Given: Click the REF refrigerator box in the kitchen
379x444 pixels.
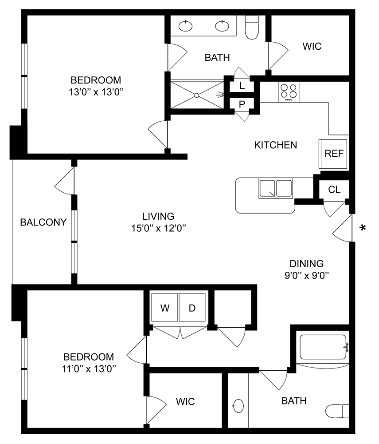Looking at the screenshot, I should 333,154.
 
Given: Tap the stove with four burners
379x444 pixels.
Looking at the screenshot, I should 289,92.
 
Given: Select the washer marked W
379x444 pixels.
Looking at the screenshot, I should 165,308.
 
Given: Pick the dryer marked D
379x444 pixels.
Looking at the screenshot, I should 192,308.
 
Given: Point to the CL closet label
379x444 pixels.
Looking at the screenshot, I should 334,190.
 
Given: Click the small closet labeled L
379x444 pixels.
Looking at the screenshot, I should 242,86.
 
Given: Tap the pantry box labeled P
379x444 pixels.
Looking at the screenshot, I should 242,105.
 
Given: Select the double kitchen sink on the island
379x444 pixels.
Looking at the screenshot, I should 276,189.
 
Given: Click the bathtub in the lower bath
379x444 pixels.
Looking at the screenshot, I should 323,348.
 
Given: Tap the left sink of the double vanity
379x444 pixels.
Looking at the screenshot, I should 186,27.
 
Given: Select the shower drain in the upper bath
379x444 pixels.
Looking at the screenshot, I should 196,95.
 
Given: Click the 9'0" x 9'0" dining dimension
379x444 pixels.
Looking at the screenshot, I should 307,275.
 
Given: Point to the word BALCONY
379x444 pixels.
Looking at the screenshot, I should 43,222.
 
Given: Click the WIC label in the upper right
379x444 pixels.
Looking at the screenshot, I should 312,46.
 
